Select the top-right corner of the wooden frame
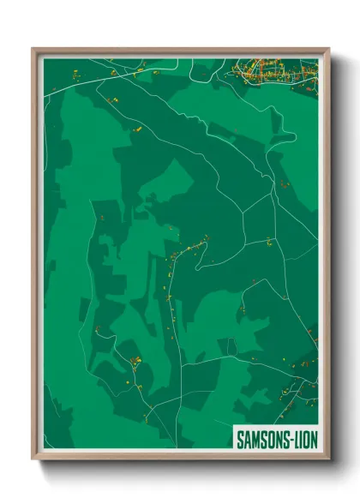click(327, 50)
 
